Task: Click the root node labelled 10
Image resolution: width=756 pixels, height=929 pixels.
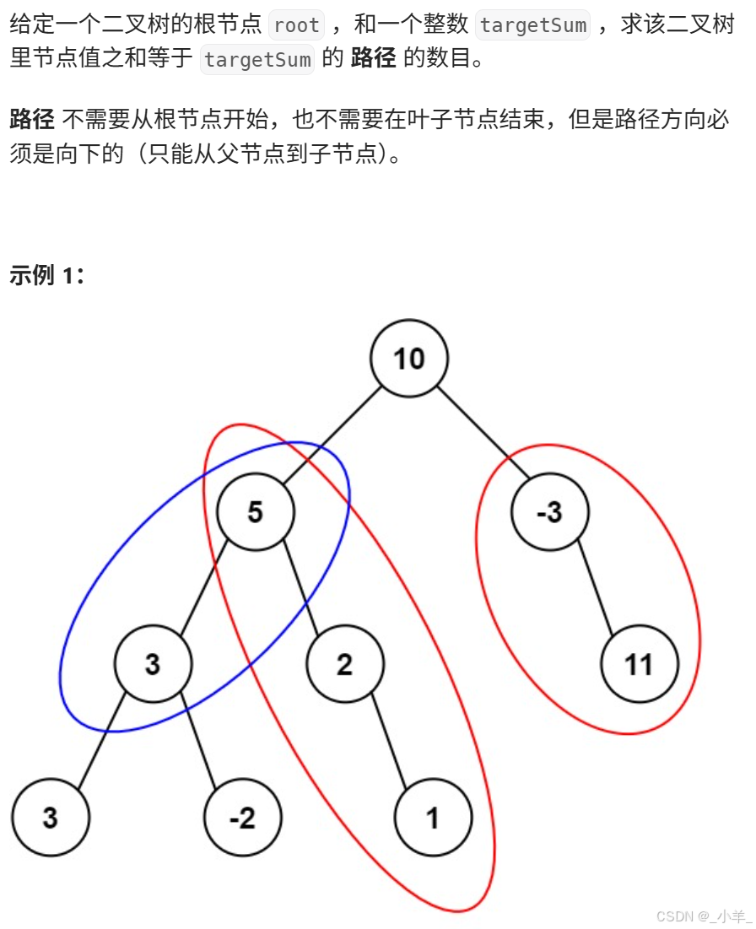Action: [409, 359]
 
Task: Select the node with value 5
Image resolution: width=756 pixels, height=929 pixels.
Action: [256, 512]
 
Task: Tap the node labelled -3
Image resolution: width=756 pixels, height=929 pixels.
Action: [549, 512]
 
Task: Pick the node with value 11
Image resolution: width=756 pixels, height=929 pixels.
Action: [640, 665]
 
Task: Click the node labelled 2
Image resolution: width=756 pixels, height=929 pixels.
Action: [344, 665]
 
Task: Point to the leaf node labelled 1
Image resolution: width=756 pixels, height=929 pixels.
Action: [433, 818]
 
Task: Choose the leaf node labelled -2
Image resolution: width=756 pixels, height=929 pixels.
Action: [242, 818]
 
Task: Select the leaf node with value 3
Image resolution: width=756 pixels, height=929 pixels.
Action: [50, 818]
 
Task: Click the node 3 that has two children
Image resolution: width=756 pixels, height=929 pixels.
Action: [153, 665]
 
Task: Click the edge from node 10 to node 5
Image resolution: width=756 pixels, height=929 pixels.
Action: [332, 435]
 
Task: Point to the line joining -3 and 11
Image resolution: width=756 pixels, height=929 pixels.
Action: [594, 588]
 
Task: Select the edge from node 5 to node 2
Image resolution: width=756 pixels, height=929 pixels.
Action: [300, 588]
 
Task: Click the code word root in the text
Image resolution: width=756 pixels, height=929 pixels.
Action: [296, 25]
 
